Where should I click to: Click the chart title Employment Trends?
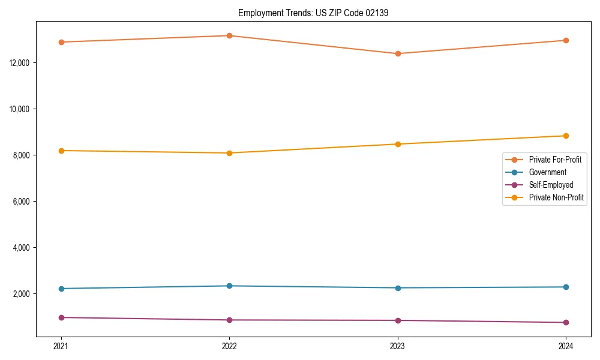tap(313, 13)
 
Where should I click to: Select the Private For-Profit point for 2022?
tap(229, 36)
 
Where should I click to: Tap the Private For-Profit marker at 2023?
tap(398, 54)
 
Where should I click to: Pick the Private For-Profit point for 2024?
tap(566, 41)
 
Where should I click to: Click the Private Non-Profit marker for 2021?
tap(61, 151)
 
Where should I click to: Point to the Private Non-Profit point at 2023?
tap(398, 144)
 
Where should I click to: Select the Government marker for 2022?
tap(229, 286)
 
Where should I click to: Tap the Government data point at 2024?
tap(566, 287)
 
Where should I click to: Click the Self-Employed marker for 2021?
tap(61, 317)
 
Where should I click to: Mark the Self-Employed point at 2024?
tap(566, 323)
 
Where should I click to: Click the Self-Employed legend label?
tap(551, 185)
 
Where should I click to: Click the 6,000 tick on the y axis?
tap(22, 202)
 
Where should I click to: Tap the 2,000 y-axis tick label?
tap(22, 294)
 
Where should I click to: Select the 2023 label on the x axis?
tap(398, 346)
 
